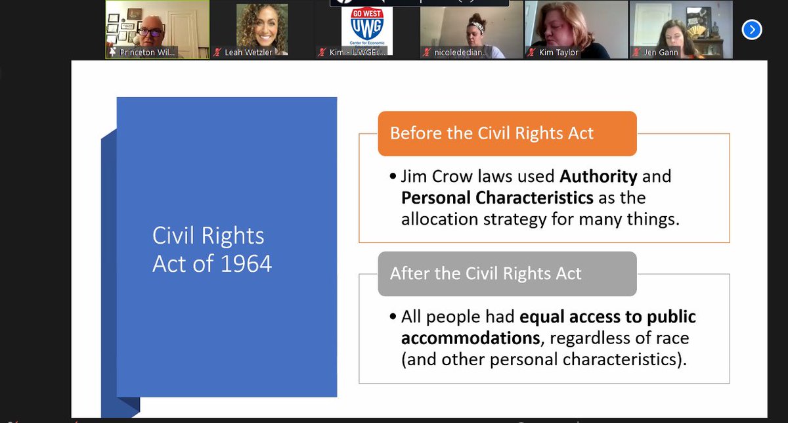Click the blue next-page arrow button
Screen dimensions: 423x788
click(x=752, y=30)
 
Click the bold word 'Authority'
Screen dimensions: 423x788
click(x=598, y=177)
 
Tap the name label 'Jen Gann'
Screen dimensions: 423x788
click(x=660, y=53)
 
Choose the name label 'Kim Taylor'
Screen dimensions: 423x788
click(x=558, y=53)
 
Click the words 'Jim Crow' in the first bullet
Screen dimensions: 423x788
click(x=429, y=177)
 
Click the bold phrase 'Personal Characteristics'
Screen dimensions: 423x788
click(x=497, y=198)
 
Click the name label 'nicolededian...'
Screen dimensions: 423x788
click(x=461, y=53)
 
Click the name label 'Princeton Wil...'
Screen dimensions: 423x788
click(x=148, y=53)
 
